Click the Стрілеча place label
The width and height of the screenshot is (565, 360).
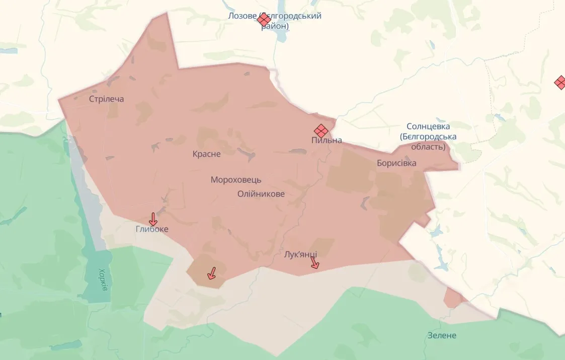(106, 99)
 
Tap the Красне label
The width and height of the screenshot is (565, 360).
(206, 154)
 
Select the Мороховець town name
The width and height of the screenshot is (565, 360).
(236, 180)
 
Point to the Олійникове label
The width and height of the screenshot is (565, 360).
(261, 194)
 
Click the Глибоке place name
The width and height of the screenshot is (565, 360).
(152, 229)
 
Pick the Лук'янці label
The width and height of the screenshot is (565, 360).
(300, 254)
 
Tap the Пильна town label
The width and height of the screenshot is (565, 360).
(327, 140)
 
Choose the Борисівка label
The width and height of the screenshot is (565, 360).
(396, 163)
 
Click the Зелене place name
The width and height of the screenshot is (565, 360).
(442, 335)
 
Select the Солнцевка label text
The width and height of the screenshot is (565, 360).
(428, 126)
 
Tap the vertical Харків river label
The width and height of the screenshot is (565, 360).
(103, 280)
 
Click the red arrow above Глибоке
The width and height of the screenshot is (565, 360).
(153, 219)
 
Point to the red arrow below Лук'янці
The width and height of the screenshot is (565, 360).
(314, 262)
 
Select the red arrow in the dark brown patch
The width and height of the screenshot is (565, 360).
(212, 273)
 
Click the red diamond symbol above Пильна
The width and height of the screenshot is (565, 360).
(321, 130)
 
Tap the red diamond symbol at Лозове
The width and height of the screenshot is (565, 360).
(264, 20)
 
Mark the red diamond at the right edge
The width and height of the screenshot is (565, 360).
(560, 82)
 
